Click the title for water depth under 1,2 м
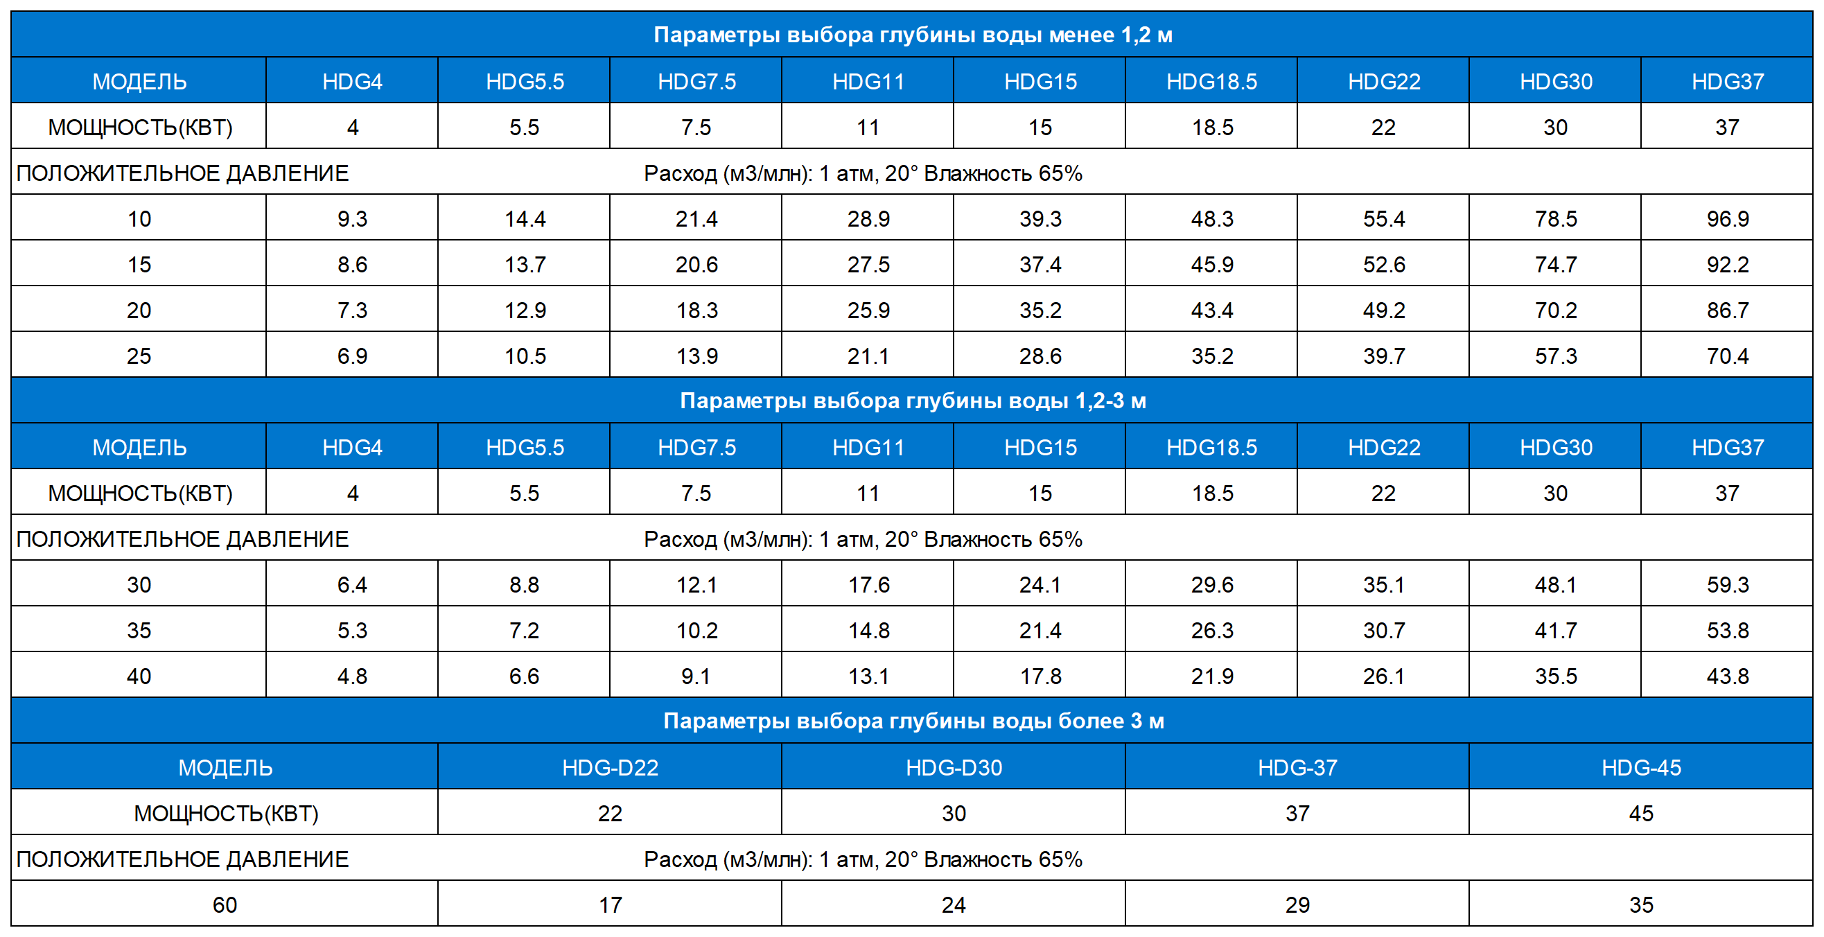click(912, 35)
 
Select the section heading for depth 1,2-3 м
click(912, 401)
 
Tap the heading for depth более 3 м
click(912, 721)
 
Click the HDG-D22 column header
click(610, 768)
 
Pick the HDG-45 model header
click(1640, 768)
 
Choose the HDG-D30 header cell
click(953, 768)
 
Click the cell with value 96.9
click(1727, 219)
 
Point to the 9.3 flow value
click(352, 219)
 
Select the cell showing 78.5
click(1555, 219)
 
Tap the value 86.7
click(1727, 310)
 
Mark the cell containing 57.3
click(1555, 356)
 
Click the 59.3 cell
click(1727, 585)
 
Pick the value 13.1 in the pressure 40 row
click(868, 676)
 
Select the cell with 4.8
click(352, 676)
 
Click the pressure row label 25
click(139, 356)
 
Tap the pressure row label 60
click(225, 904)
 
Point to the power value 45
click(1640, 813)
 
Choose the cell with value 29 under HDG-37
click(1297, 904)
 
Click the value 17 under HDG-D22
click(610, 904)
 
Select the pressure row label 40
click(139, 676)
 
